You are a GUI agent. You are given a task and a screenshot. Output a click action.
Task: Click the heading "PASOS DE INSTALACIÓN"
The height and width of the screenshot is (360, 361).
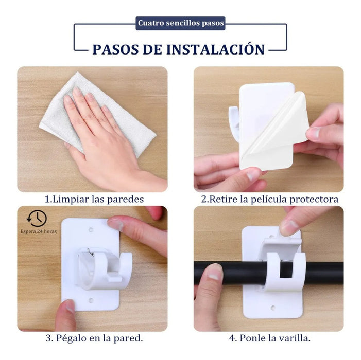click(x=178, y=49)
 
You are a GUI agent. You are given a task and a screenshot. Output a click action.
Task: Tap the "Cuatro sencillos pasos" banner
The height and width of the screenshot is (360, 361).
click(x=180, y=23)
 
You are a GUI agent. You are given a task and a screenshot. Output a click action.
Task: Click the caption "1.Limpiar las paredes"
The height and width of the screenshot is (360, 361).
click(x=94, y=199)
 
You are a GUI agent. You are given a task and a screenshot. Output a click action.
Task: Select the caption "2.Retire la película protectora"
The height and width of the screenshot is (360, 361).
click(x=269, y=199)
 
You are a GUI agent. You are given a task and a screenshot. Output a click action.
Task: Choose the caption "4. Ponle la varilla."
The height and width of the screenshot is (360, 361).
click(x=269, y=338)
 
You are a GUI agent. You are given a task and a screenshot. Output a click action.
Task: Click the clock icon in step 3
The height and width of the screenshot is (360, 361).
click(x=37, y=218)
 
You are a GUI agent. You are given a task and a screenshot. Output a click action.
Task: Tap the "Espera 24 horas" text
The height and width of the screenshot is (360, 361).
click(x=39, y=231)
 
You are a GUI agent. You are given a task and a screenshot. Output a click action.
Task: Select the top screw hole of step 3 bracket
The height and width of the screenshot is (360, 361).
click(x=91, y=227)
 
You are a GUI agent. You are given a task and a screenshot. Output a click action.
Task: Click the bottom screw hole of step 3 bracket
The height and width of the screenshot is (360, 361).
click(x=91, y=299)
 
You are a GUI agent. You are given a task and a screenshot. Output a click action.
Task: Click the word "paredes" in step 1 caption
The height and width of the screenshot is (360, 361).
click(x=126, y=199)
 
